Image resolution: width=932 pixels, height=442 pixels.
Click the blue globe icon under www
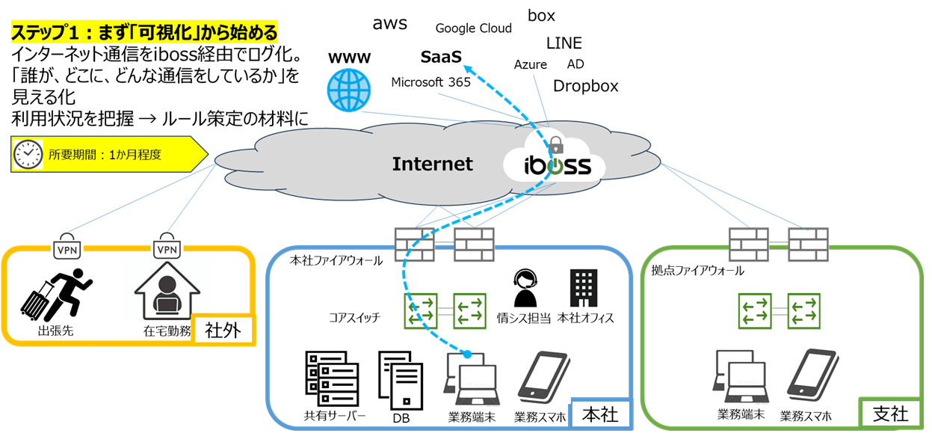(x=348, y=90)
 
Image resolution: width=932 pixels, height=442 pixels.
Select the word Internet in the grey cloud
(x=432, y=164)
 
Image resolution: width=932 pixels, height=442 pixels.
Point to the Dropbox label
(x=585, y=86)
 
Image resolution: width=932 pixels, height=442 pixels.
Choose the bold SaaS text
(x=441, y=57)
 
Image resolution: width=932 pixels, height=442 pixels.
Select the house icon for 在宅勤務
(x=165, y=292)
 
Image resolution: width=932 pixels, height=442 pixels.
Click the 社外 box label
(x=222, y=330)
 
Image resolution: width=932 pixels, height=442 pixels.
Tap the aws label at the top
(x=389, y=23)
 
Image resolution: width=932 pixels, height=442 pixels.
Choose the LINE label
(x=564, y=43)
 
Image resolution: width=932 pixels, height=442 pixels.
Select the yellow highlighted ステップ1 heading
(x=144, y=33)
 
